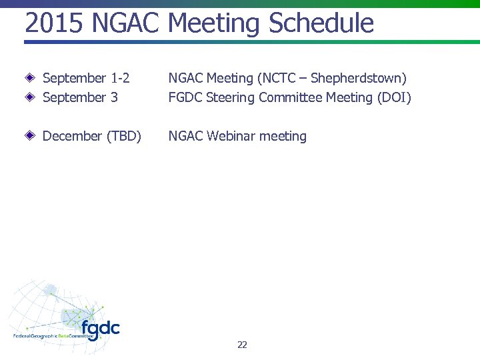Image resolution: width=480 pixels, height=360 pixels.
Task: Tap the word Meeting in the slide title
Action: click(214, 23)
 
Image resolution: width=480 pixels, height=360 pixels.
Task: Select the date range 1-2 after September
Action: click(120, 79)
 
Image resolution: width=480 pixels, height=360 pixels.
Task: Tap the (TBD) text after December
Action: click(123, 137)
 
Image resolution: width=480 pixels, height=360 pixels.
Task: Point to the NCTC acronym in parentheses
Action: click(277, 79)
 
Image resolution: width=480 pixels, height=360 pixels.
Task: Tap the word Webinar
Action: click(231, 137)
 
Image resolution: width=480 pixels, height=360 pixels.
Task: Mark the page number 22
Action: click(242, 345)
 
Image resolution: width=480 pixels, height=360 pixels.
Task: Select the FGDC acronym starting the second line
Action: click(185, 98)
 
